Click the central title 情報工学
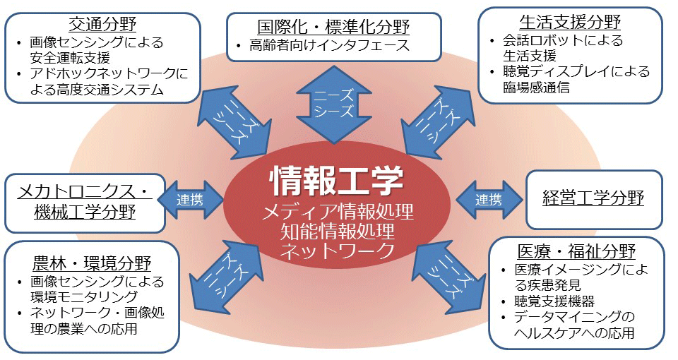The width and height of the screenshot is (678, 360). [x=336, y=181]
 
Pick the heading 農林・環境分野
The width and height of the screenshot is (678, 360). [x=92, y=263]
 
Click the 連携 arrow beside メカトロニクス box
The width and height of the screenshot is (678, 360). [x=190, y=200]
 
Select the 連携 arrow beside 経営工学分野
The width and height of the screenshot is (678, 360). [x=488, y=200]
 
